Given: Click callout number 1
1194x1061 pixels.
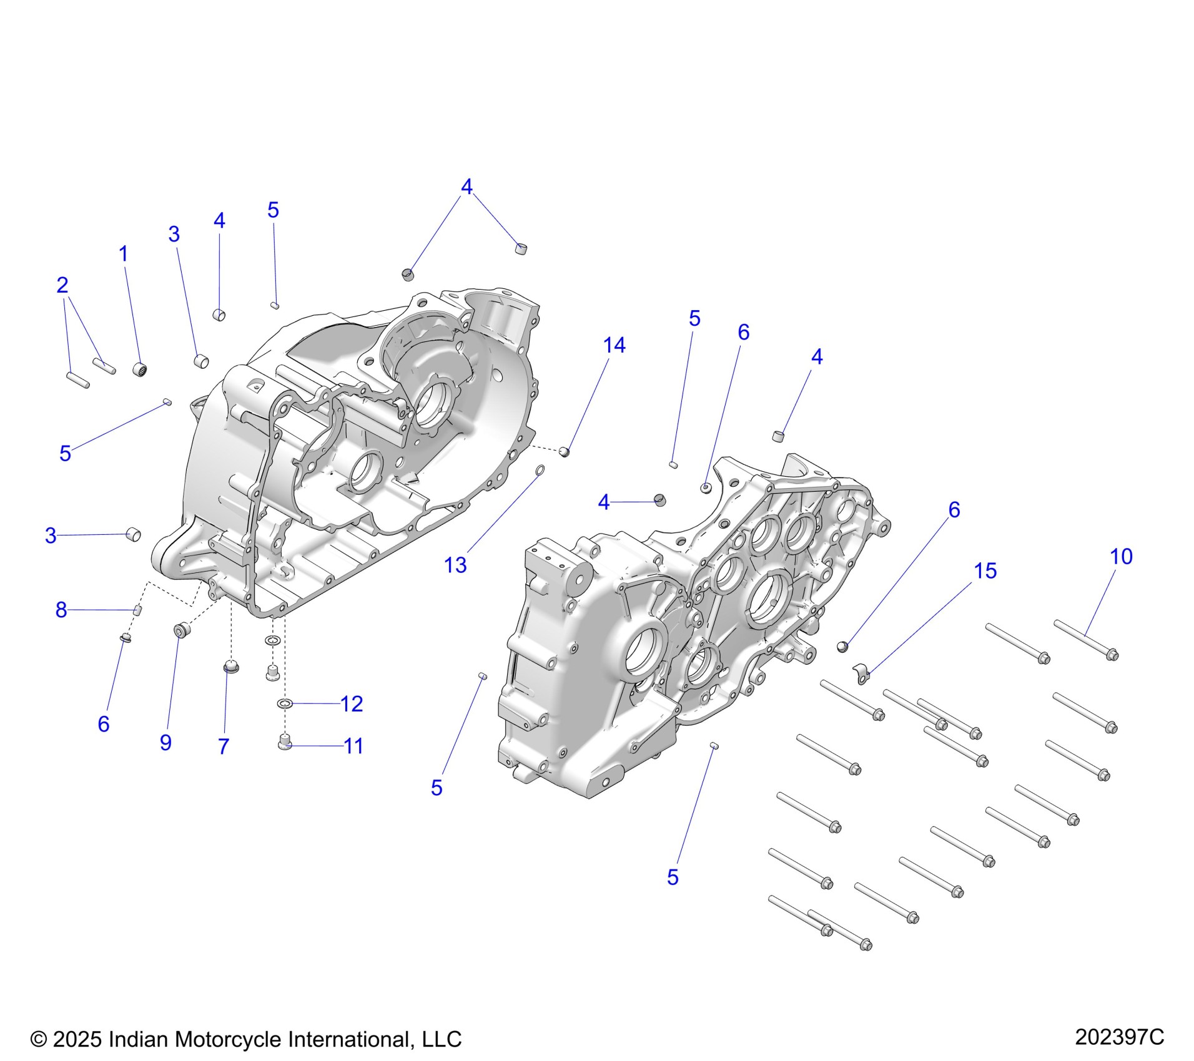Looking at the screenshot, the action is pos(124,254).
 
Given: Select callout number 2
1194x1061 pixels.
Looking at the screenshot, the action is pos(62,285).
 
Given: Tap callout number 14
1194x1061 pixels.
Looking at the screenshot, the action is pos(614,345).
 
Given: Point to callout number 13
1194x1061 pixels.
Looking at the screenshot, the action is pos(455,565).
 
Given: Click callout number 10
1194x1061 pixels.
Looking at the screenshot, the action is pos(1121,556).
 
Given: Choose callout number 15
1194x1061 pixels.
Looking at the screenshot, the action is pos(985,570).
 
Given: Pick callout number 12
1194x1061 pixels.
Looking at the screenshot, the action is pos(352,704).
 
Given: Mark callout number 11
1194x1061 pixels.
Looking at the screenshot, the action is pos(353,746).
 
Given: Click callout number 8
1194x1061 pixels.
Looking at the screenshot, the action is pos(61,610).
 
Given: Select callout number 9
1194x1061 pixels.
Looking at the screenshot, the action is pos(165,742).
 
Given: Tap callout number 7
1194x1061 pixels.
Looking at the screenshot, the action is pos(224,746).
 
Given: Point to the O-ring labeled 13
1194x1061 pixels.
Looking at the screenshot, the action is pos(540,469).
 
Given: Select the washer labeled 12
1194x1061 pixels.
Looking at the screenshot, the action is pos(285,704).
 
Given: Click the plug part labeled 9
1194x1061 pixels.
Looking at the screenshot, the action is pos(181,630).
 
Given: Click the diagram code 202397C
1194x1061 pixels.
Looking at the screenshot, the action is pos(1119,1037).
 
